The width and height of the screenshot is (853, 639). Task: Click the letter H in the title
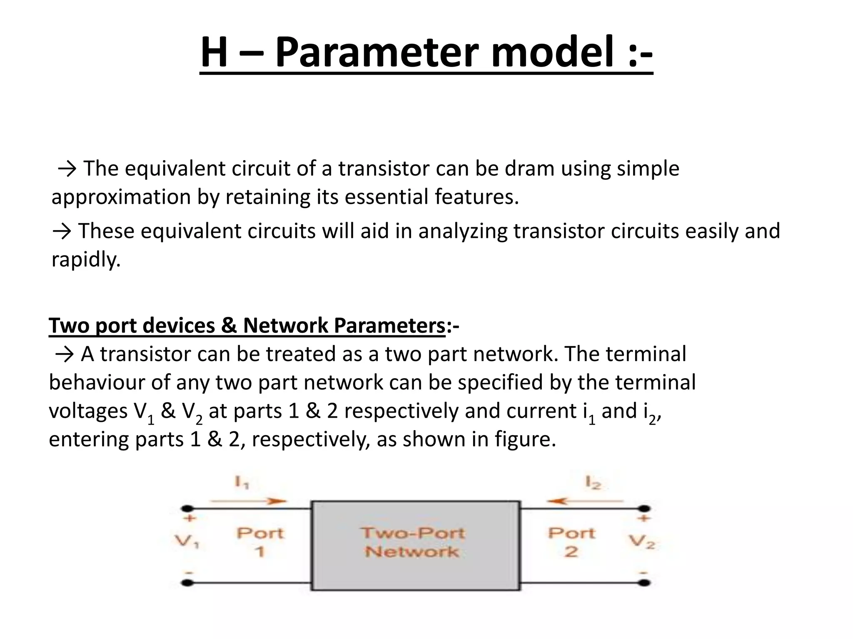[214, 52]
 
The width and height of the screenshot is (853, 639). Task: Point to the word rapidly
[86, 260]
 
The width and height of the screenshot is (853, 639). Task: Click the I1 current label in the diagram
[242, 483]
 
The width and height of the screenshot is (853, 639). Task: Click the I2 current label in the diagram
[593, 483]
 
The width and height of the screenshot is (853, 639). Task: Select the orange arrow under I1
[249, 501]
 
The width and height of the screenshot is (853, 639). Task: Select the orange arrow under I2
[585, 501]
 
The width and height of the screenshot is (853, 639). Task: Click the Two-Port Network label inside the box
[412, 542]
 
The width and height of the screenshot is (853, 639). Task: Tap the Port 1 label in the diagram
[260, 542]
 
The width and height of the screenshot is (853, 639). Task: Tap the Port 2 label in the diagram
[571, 542]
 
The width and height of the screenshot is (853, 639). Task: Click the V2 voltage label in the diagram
[642, 542]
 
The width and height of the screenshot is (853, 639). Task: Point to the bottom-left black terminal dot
[188, 583]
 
